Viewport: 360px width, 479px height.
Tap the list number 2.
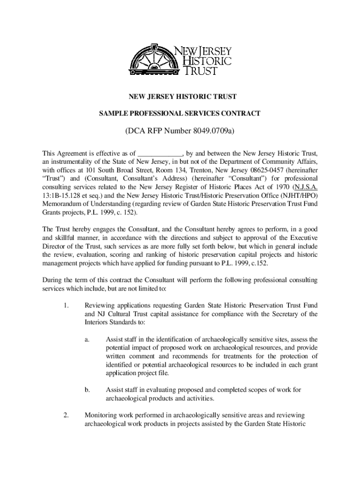pyautogui.click(x=66, y=414)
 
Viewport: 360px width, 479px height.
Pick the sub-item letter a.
pyautogui.click(x=87, y=340)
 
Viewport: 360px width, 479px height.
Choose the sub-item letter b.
pyautogui.click(x=87, y=390)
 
